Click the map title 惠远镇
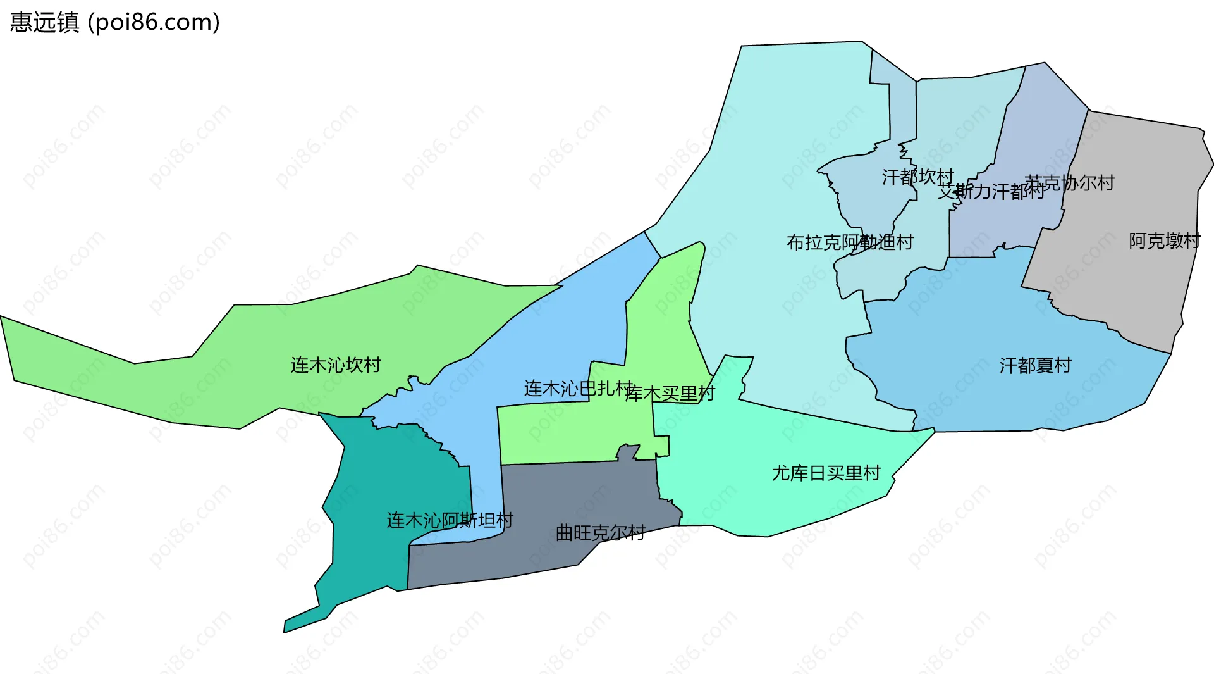[x=44, y=22]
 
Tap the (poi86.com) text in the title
[x=154, y=22]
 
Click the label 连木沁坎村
[x=336, y=365]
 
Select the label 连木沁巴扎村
[x=577, y=389]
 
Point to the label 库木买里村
[x=670, y=394]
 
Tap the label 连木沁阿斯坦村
[x=450, y=521]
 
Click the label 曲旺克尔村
[x=600, y=533]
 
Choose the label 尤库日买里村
[x=826, y=473]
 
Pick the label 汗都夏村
[x=1035, y=366]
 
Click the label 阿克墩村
[x=1164, y=241]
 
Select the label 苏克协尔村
[x=1069, y=183]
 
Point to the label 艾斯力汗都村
[x=990, y=191]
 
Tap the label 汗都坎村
[x=917, y=177]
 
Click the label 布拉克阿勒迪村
[x=850, y=242]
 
